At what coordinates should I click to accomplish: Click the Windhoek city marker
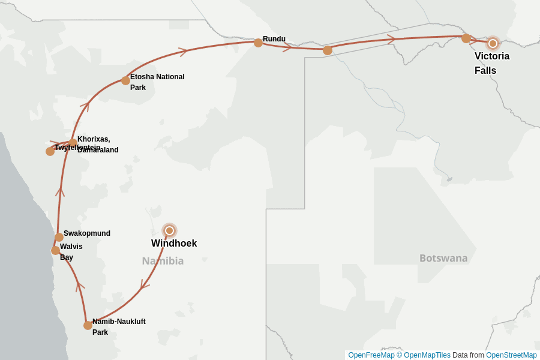pyautogui.click(x=169, y=230)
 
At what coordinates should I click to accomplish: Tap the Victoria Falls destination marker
pyautogui.click(x=493, y=43)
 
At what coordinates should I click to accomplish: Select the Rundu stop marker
pyautogui.click(x=258, y=43)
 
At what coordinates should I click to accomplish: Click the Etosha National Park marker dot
pyautogui.click(x=125, y=80)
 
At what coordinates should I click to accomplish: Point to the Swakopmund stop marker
pyautogui.click(x=59, y=237)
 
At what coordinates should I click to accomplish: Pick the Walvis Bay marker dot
pyautogui.click(x=55, y=250)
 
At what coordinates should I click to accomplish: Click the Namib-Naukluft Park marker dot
pyautogui.click(x=88, y=325)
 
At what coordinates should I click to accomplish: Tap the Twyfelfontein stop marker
pyautogui.click(x=50, y=151)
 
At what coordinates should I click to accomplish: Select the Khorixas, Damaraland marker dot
pyautogui.click(x=73, y=143)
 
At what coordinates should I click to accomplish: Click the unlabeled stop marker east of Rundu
pyautogui.click(x=328, y=50)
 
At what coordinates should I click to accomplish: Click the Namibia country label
pyautogui.click(x=163, y=261)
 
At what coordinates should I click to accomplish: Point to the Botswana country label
pyautogui.click(x=443, y=258)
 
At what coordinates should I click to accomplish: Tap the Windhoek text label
pyautogui.click(x=174, y=244)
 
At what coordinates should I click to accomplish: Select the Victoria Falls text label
pyautogui.click(x=491, y=63)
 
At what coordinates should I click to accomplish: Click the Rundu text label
pyautogui.click(x=274, y=39)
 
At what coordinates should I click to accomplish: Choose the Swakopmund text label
pyautogui.click(x=87, y=233)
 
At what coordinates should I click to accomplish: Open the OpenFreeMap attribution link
pyautogui.click(x=371, y=355)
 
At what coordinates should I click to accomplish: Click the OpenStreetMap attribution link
pyautogui.click(x=511, y=355)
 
